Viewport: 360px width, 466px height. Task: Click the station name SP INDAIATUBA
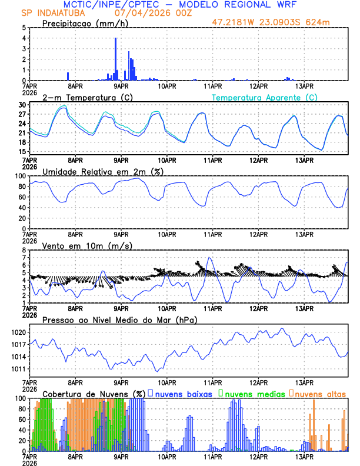click(52, 12)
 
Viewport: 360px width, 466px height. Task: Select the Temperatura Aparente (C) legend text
click(264, 97)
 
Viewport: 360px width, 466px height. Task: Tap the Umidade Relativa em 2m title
click(104, 171)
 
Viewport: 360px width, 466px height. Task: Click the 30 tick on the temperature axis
click(22, 105)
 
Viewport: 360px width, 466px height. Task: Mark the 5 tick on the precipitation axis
click(24, 28)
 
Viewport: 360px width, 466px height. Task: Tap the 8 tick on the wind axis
click(24, 250)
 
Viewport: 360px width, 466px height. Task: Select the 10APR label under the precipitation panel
click(167, 86)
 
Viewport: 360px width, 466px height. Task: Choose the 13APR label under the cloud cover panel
click(304, 457)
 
